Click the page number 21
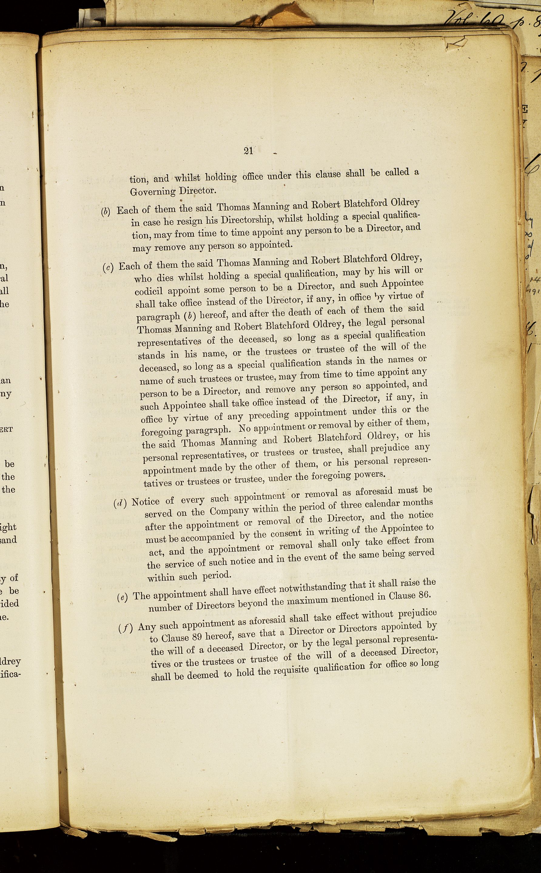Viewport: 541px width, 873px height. coord(248,151)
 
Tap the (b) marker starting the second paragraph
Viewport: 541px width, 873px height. coord(106,212)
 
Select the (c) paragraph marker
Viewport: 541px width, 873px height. coord(108,268)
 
